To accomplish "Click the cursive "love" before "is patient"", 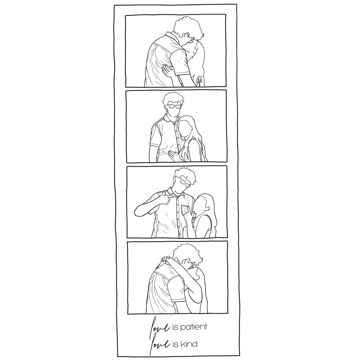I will pyautogui.click(x=160, y=327).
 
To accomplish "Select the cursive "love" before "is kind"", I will pyautogui.click(x=160, y=343).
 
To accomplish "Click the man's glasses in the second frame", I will pyautogui.click(x=175, y=106).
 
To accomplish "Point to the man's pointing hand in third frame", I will pyautogui.click(x=167, y=198).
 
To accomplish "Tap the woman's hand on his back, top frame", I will pyautogui.click(x=167, y=70).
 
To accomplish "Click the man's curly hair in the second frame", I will pyautogui.click(x=174, y=98).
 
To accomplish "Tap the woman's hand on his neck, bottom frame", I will pyautogui.click(x=165, y=260).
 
